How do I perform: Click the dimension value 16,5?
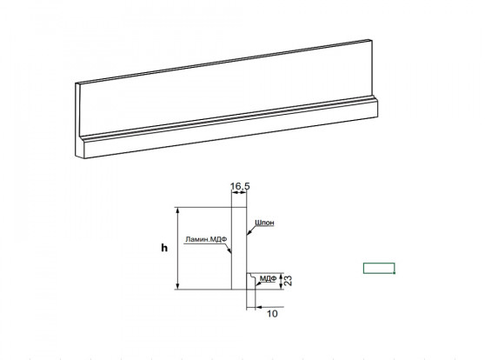pos(240,186)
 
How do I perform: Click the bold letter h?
pos(164,248)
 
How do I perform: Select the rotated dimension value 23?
pos(288,281)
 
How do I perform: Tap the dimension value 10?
pos(272,314)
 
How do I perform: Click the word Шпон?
pos(264,223)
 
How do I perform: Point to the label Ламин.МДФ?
pos(206,239)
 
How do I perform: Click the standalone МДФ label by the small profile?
pos(268,278)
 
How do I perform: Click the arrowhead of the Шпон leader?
pos(249,232)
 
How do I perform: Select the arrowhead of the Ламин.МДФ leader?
pos(229,250)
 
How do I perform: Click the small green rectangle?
pos(379,268)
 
